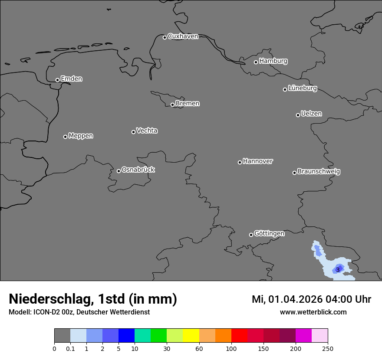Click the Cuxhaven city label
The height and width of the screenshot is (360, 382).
(x=183, y=36)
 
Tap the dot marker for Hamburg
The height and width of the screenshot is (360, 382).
(x=256, y=62)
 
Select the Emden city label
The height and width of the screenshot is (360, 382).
(x=71, y=79)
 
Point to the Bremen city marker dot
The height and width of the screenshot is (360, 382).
(x=172, y=105)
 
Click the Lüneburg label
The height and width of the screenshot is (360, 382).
(x=302, y=88)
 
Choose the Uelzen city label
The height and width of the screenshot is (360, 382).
(x=311, y=114)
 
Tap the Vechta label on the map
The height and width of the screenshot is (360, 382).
(x=147, y=131)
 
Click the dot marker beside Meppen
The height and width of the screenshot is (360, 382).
(x=65, y=137)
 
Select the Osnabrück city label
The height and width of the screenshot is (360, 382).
(x=138, y=170)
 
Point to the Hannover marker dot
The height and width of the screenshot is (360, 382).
(x=240, y=162)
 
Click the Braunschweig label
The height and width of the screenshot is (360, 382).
(x=319, y=172)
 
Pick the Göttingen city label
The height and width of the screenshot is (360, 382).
(x=269, y=234)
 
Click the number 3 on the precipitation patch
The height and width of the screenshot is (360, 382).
(x=338, y=270)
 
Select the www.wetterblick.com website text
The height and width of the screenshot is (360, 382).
(x=313, y=312)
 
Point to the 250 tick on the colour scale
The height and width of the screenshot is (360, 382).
(x=328, y=349)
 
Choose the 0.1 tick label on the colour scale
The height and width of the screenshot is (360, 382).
(x=70, y=349)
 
